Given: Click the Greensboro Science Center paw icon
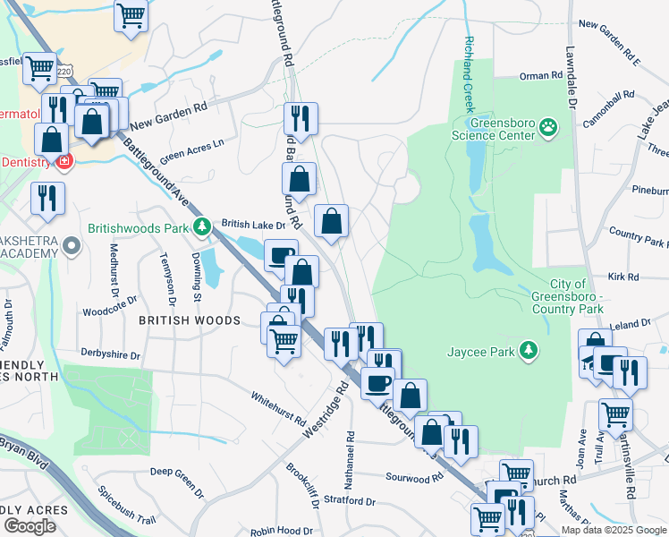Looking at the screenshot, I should (548, 129).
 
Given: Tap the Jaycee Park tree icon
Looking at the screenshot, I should (530, 350).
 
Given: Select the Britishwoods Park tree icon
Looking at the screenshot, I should (203, 226).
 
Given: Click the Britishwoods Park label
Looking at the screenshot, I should (140, 227).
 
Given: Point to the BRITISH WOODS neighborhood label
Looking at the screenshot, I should (188, 320).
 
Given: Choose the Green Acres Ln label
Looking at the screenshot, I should (192, 148).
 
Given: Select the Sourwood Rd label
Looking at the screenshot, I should (414, 478).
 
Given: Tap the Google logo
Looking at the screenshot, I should (30, 526).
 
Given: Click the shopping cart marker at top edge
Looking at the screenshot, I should (131, 15).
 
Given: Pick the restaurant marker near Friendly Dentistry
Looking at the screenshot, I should (47, 199).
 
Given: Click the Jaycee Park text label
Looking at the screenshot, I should (481, 352).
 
